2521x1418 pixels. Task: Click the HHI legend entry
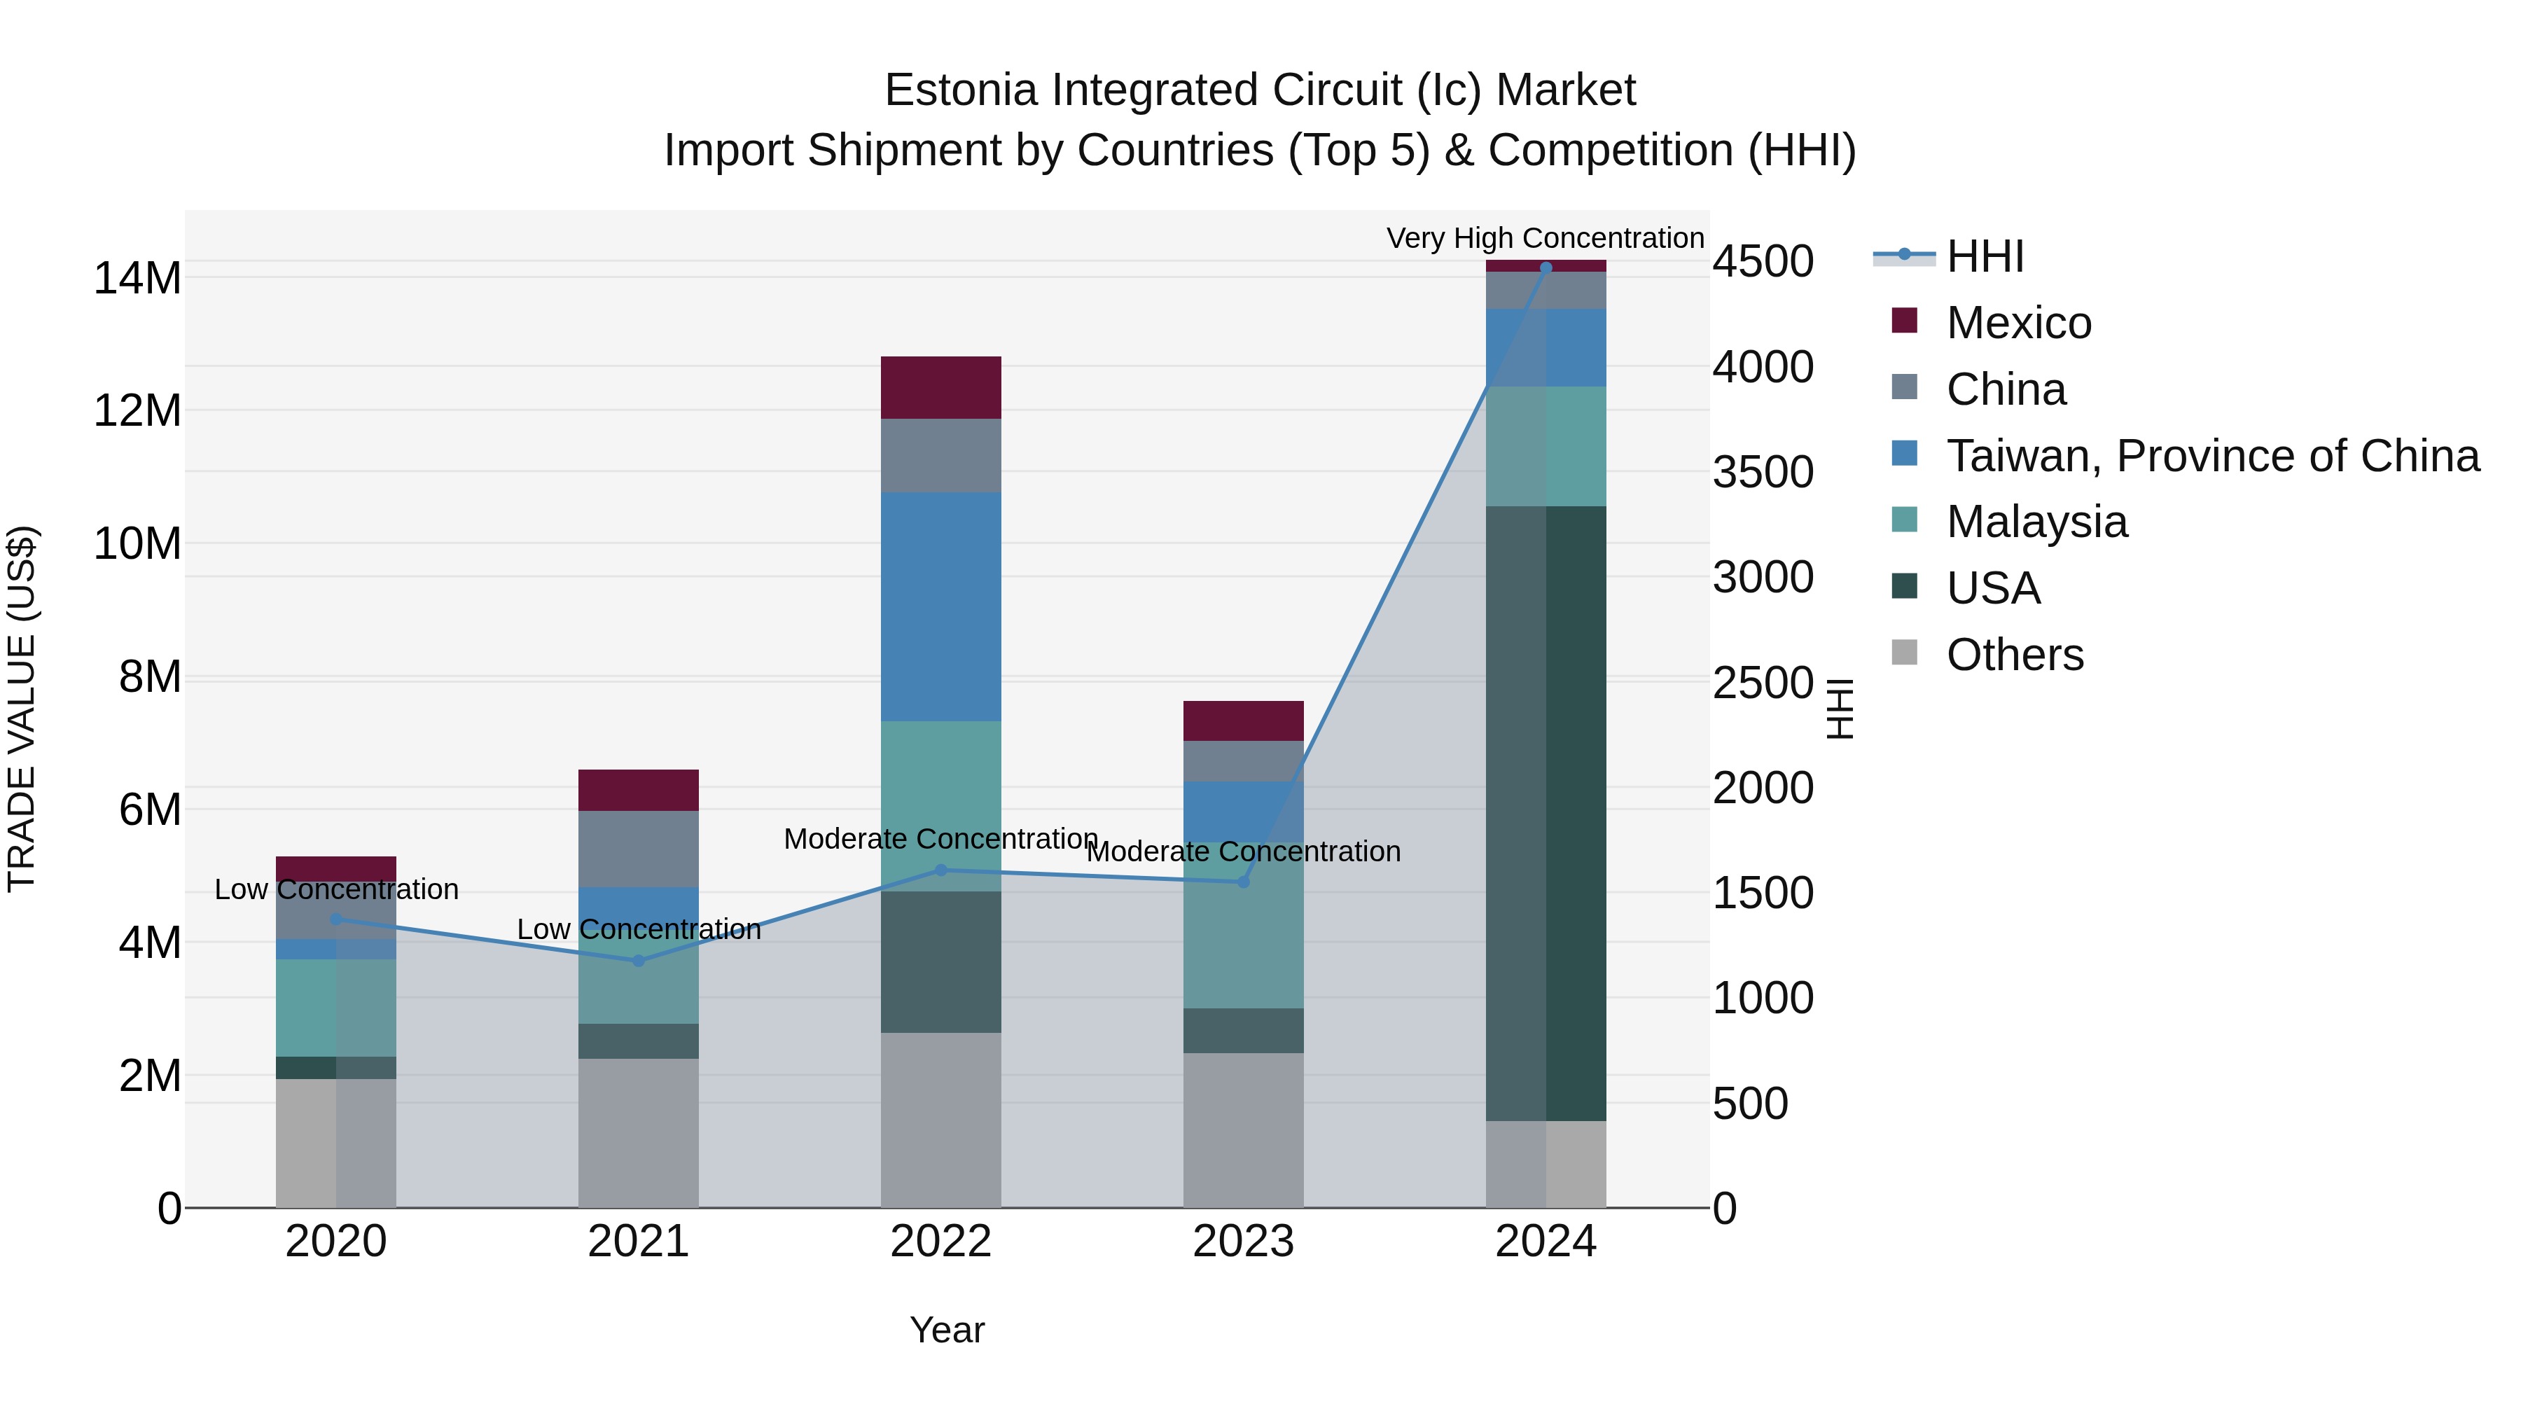coord(1984,256)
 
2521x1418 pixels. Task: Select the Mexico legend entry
coord(2018,323)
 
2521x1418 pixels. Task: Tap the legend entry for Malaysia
coord(2036,522)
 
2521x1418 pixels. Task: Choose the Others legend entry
coord(2014,655)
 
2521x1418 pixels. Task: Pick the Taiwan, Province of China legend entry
coord(2211,456)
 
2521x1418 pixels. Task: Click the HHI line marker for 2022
coord(940,870)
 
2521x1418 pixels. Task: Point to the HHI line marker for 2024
coord(1546,267)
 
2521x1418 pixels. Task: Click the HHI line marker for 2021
coord(638,961)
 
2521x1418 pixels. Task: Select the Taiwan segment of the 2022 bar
coord(940,606)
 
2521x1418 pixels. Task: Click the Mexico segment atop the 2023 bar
coord(1243,721)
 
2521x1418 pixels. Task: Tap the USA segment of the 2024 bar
coord(1546,812)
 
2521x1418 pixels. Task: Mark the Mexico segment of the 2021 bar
coord(638,790)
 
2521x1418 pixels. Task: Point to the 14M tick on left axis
coord(137,279)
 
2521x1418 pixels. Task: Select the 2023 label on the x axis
coord(1243,1242)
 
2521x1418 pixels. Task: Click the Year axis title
coord(946,1330)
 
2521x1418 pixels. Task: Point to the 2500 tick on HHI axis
coord(1763,682)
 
